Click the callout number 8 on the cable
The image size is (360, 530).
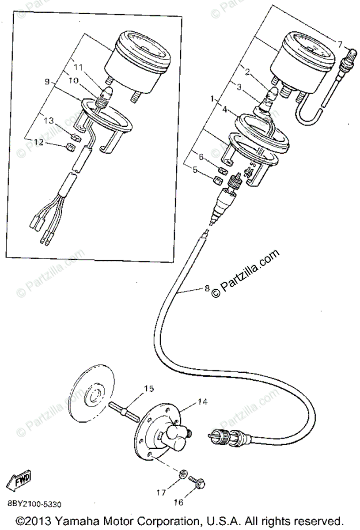(x=207, y=289)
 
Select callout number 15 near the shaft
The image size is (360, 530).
(x=148, y=389)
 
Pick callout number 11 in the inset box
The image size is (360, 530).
(x=78, y=67)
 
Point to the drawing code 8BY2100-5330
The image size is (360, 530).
(x=34, y=503)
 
